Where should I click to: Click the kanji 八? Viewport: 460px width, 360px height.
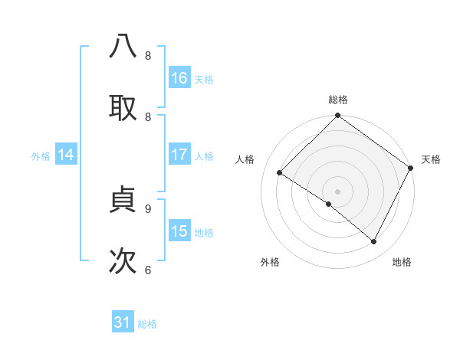coord(123,47)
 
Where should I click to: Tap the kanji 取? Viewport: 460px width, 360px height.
coord(123,108)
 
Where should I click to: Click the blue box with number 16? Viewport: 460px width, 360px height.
coord(179,78)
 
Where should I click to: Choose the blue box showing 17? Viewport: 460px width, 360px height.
coord(179,155)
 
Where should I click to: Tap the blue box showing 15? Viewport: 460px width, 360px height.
coord(179,231)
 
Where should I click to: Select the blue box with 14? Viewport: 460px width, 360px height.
coord(66,155)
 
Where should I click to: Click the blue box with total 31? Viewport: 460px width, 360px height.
coord(123,322)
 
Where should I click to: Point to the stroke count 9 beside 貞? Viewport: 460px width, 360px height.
coord(148,208)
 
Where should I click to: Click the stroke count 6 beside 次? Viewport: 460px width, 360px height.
coord(148,270)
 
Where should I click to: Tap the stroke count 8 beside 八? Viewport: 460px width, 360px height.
coord(148,56)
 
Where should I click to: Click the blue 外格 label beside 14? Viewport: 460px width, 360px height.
coord(41,155)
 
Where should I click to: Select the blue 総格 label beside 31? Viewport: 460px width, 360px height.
coord(147,324)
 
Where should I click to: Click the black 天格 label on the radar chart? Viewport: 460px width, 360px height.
coord(431,159)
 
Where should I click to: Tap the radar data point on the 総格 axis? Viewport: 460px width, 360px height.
coord(337,116)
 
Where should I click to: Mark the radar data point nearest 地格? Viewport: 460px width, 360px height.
coord(374,242)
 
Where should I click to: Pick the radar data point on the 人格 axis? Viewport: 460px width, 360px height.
coord(280,173)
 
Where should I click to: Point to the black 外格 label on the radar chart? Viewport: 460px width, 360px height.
coord(270,262)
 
